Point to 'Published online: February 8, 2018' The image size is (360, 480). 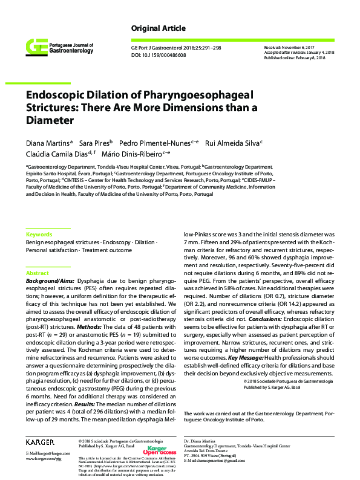click(295, 57)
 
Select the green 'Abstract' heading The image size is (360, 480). click(38, 273)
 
